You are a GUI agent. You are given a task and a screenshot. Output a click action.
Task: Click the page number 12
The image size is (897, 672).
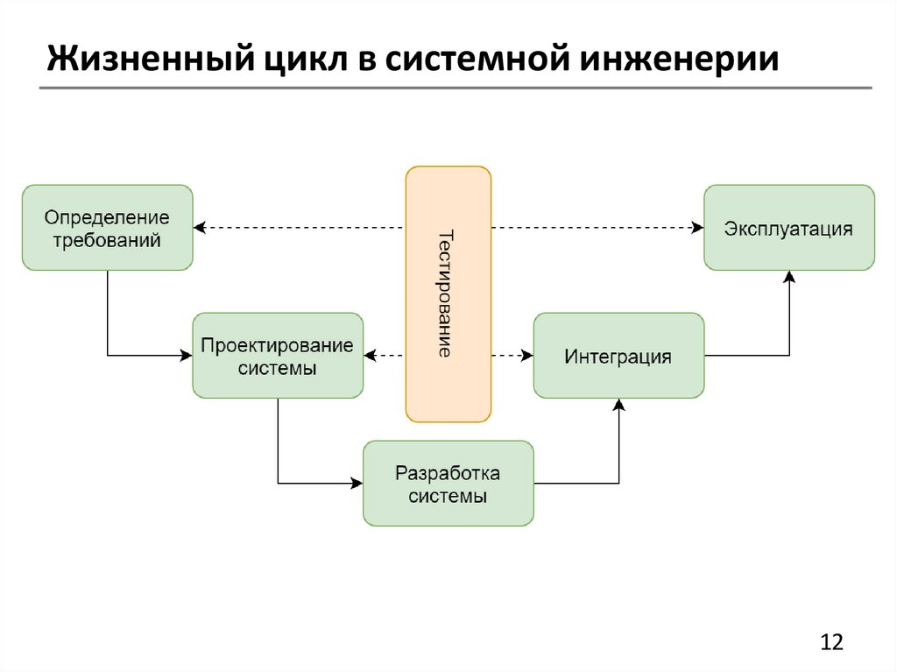pyautogui.click(x=830, y=641)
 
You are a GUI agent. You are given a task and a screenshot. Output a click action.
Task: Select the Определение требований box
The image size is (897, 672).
pyautogui.click(x=107, y=228)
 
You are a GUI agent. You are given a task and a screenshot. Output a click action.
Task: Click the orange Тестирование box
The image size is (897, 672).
pyautogui.click(x=448, y=294)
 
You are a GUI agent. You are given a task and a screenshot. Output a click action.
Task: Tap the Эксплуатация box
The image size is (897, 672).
pyautogui.click(x=788, y=228)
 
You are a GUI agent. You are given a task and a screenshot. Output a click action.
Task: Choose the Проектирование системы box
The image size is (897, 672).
pyautogui.click(x=277, y=356)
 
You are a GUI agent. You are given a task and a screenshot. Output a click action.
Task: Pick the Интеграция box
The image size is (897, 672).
pyautogui.click(x=618, y=356)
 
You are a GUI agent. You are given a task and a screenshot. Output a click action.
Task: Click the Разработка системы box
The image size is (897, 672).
pyautogui.click(x=448, y=483)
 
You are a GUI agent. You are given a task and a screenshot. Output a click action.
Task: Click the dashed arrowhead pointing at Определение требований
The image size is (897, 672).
pyautogui.click(x=200, y=228)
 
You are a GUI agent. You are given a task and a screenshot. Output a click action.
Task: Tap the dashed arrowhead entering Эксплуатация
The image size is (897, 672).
pyautogui.click(x=697, y=228)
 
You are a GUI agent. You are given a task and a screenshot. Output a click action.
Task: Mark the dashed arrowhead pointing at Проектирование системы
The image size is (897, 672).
pyautogui.click(x=371, y=356)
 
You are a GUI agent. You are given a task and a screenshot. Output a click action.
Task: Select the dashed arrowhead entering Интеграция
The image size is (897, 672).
pyautogui.click(x=526, y=356)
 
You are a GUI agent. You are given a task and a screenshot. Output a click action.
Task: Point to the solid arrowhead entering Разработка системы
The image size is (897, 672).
pyautogui.click(x=357, y=483)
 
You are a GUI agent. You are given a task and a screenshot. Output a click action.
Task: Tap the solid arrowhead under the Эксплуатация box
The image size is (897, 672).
pyautogui.click(x=788, y=277)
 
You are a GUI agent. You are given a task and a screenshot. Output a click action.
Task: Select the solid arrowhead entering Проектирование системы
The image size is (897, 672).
pyautogui.click(x=186, y=356)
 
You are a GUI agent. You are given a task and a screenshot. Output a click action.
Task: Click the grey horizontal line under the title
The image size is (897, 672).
pyautogui.click(x=456, y=88)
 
